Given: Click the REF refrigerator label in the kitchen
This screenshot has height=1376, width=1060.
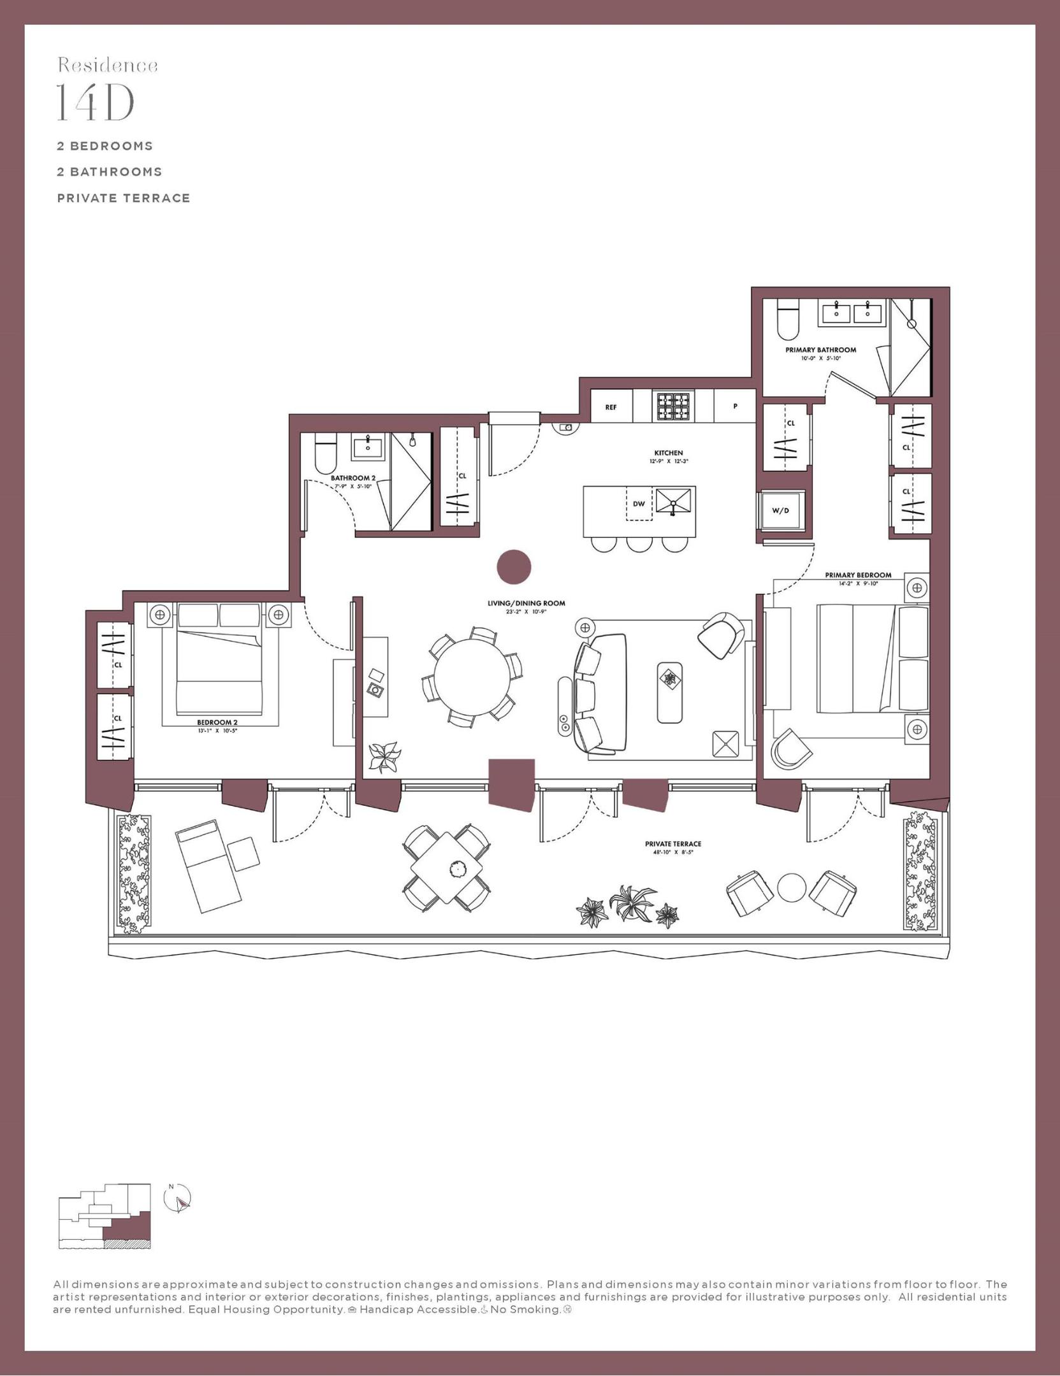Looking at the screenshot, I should (x=611, y=407).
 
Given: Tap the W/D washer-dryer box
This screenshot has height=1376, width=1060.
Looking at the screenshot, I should (x=780, y=510).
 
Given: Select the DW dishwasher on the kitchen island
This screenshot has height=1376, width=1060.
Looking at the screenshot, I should (x=639, y=503).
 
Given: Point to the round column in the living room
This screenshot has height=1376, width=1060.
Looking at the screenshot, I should (x=514, y=566).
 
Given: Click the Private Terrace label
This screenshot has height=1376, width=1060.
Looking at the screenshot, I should (x=672, y=844).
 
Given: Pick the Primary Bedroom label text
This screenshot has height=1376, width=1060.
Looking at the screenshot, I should (x=857, y=575).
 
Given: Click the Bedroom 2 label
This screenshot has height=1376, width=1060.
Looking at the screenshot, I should (x=217, y=722).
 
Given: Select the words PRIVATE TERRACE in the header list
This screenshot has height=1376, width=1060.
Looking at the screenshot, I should (x=124, y=198).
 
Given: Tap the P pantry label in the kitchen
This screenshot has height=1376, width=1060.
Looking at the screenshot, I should (x=735, y=406).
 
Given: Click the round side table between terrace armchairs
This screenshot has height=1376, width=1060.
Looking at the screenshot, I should (x=791, y=887).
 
